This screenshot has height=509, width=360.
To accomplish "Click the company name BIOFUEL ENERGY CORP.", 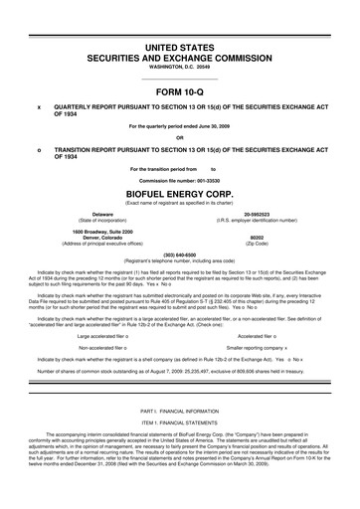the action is (x=179, y=194).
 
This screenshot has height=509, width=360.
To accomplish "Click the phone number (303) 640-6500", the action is (x=179, y=253).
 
